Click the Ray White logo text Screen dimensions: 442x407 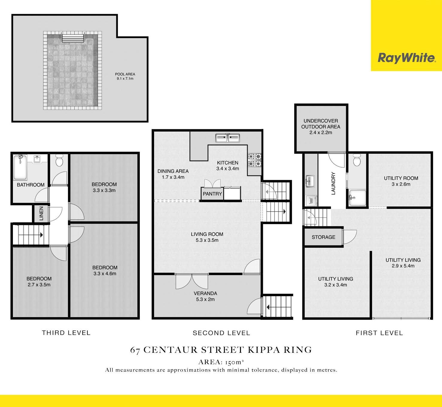(407, 58)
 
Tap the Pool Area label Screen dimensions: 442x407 (125, 74)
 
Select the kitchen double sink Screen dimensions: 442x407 (228, 138)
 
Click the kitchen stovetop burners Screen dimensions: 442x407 (255, 160)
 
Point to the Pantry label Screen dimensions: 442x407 (212, 194)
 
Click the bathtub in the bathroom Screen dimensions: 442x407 (20, 167)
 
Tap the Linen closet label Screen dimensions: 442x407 (41, 214)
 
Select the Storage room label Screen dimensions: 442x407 (323, 237)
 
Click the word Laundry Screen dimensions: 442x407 (333, 183)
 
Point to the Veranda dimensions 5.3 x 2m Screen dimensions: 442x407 (205, 299)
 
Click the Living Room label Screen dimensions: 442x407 (207, 234)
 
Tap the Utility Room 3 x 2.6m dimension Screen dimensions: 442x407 (401, 184)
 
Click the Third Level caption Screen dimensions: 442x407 (66, 333)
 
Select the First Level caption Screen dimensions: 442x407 (379, 333)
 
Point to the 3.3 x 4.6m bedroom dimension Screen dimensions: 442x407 (105, 273)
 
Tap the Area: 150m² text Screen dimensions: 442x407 (221, 362)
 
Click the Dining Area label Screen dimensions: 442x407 (173, 171)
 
